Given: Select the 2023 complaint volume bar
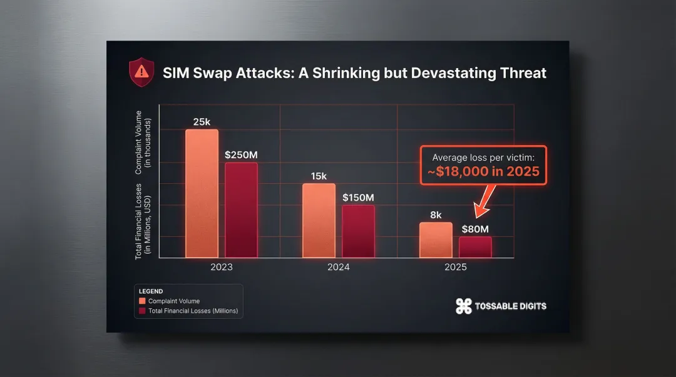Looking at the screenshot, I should click(202, 194).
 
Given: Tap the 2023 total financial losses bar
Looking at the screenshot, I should click(241, 210).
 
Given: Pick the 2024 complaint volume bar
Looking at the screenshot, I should click(319, 221).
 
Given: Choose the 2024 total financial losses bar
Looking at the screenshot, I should click(358, 231).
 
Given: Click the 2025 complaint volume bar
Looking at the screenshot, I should click(435, 240).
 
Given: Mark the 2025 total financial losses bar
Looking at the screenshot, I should click(475, 247).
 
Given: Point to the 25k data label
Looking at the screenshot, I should click(202, 122).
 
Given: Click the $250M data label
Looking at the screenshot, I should click(242, 154).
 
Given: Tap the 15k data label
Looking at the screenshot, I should click(319, 176).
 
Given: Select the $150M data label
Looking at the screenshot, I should click(359, 198).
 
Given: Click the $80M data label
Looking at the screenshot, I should click(475, 229).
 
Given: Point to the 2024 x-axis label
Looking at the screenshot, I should click(338, 267).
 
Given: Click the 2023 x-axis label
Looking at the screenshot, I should click(221, 267).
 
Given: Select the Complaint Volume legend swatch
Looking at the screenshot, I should click(143, 301).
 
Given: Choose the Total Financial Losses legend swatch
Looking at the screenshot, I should click(143, 311).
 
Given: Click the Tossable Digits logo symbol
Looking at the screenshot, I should click(463, 306).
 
